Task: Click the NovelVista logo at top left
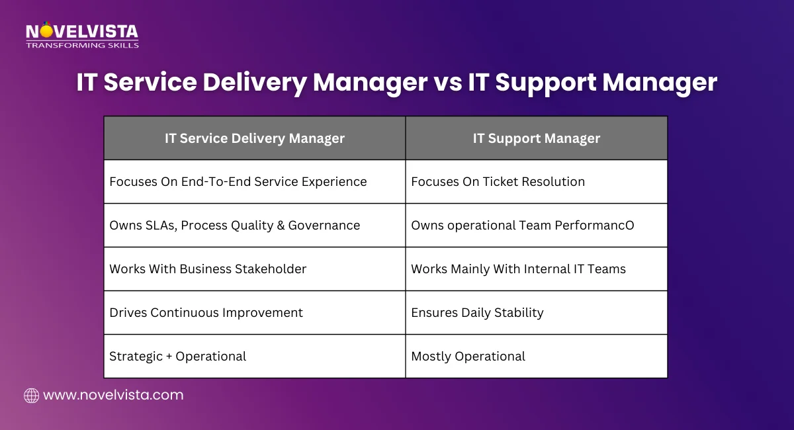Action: [x=82, y=31]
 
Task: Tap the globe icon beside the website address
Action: [x=31, y=396]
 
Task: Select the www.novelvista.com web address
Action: [x=113, y=396]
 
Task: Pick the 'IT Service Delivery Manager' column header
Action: [x=255, y=138]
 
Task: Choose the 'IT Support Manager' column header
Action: [x=537, y=138]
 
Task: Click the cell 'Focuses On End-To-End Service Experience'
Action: [x=238, y=182]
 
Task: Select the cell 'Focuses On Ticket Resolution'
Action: [x=498, y=182]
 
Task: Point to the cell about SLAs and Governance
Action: [x=235, y=226]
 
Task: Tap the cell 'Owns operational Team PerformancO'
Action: [x=523, y=226]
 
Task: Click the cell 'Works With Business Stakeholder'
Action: [x=208, y=269]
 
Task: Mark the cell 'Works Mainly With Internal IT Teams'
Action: [x=519, y=269]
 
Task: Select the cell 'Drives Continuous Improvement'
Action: [x=206, y=313]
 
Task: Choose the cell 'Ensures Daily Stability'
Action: [x=478, y=313]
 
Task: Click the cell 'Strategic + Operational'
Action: [x=178, y=357]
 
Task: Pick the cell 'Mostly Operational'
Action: [x=468, y=357]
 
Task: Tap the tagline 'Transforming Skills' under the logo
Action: [x=82, y=45]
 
